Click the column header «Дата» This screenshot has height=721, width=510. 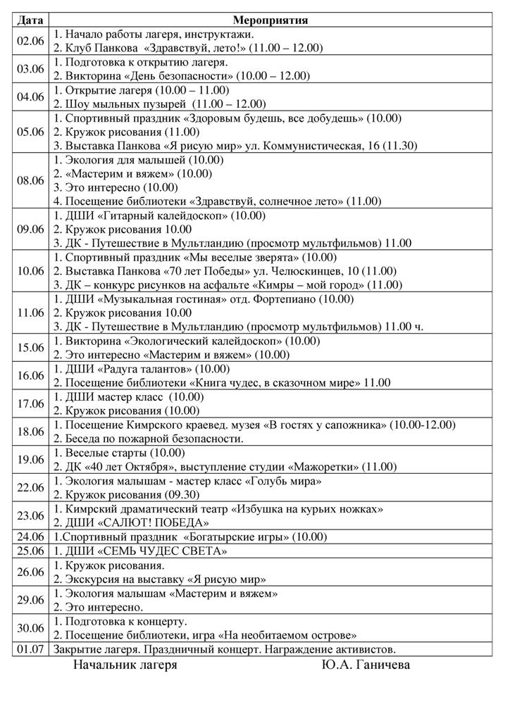[x=30, y=20]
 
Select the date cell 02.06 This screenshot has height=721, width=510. [x=30, y=40]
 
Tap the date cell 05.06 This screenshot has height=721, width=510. [x=30, y=132]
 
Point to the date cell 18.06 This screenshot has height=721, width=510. [x=30, y=432]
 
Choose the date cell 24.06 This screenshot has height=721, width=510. [x=30, y=537]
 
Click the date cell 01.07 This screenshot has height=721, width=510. [x=30, y=648]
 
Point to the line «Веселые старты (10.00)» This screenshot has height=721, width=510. [x=119, y=453]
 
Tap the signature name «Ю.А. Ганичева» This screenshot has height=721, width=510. [x=366, y=665]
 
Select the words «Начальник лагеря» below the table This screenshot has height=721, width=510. [x=125, y=665]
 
